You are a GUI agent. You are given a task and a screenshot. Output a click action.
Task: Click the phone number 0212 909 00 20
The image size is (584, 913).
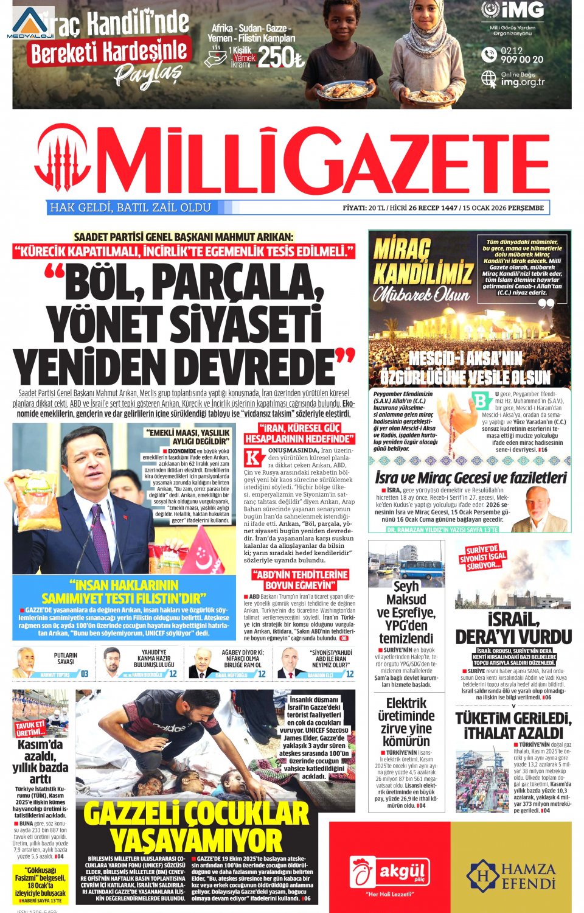[x=521, y=55]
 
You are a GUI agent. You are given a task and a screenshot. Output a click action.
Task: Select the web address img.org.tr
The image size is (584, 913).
[x=523, y=82]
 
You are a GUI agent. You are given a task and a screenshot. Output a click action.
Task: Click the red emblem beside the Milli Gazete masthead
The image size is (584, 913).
[x=62, y=161]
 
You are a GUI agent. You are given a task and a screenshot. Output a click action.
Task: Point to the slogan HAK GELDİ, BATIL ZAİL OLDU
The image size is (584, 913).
[x=130, y=208]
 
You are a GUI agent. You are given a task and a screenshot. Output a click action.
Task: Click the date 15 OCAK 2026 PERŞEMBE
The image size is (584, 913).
[x=503, y=208]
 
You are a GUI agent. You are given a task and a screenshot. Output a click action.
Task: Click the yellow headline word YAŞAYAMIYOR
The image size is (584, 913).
[x=196, y=841]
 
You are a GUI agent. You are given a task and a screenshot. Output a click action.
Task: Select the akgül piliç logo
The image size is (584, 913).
[x=389, y=872]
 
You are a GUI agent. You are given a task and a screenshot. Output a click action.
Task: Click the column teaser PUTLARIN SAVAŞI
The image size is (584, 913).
[x=65, y=659]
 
